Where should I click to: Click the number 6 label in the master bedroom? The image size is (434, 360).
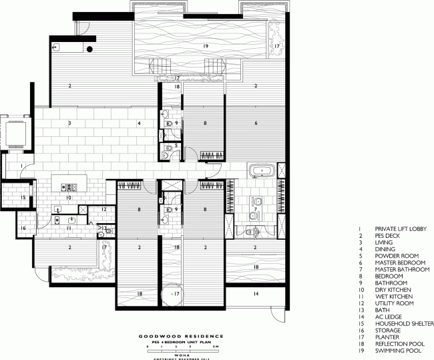click(255, 124)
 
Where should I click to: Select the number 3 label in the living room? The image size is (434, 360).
click(69, 124)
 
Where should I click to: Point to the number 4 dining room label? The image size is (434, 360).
click(139, 124)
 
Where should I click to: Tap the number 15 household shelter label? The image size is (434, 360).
click(22, 198)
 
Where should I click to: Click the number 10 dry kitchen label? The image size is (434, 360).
click(69, 198)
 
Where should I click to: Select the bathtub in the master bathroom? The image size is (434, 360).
click(260, 172)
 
